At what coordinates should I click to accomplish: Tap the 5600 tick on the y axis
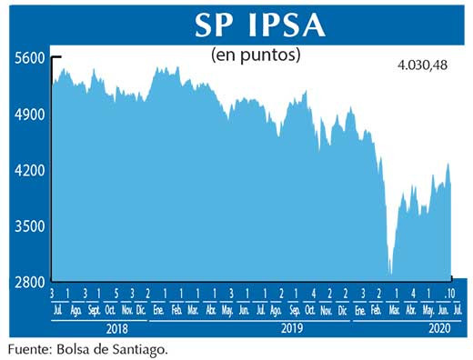click(x=29, y=57)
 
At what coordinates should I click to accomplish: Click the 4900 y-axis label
click(x=29, y=114)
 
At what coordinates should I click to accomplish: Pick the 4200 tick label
click(x=29, y=170)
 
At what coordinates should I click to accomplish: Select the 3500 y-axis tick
click(x=29, y=226)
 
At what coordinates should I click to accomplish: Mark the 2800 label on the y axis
click(x=29, y=282)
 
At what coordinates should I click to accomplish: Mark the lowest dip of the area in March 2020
click(x=390, y=272)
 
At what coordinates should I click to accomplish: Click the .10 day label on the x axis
click(x=448, y=294)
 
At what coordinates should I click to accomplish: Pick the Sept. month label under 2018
click(x=93, y=309)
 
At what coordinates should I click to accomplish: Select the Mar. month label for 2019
click(x=193, y=309)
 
